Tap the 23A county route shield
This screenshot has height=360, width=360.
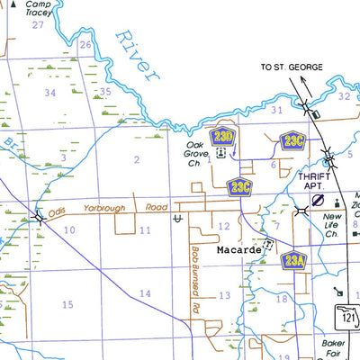coord(293,261)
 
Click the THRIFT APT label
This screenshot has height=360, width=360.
coord(315,182)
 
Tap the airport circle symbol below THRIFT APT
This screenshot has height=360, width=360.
coord(317,200)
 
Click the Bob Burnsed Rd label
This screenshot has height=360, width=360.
coord(193,279)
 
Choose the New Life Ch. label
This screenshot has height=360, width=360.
coord(335,226)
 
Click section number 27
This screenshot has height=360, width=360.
coord(38,24)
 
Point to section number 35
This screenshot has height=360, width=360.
coord(105,92)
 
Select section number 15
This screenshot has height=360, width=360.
coord(67,305)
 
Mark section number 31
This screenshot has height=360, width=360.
coord(277,110)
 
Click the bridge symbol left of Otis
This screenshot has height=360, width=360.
coord(38,216)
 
